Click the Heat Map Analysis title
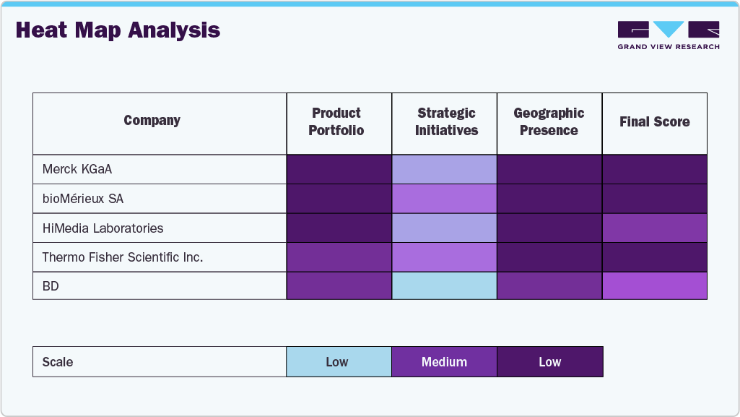pos(118,30)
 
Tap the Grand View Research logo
pos(668,35)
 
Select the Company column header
pos(152,121)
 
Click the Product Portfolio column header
pos(336,121)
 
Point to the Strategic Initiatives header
pos(446,121)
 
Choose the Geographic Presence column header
pos(549,121)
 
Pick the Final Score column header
pos(654,121)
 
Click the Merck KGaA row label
pos(77,170)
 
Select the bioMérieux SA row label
pos(83,199)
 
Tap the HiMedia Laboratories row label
pos(103,228)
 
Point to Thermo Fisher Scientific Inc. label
pos(122,257)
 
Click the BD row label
pos(51,286)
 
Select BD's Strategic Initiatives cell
pos(444,285)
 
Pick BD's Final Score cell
pos(654,285)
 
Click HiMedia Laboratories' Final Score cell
pos(654,228)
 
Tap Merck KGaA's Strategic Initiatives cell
pos(444,169)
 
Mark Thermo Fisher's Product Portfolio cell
pos(339,257)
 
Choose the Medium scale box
pos(444,362)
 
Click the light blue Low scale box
pos(338,362)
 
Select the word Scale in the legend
pos(58,362)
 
